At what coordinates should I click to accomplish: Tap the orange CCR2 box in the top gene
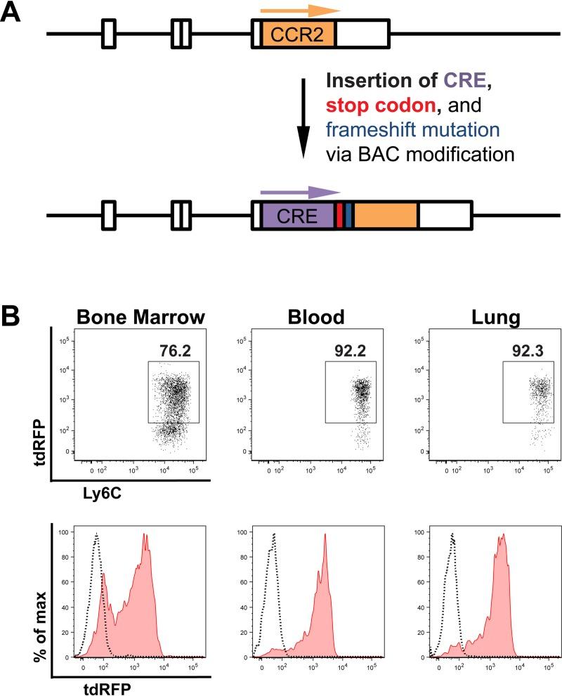299,34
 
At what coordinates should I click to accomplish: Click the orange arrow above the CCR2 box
299,11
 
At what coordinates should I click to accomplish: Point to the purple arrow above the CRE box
299,191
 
